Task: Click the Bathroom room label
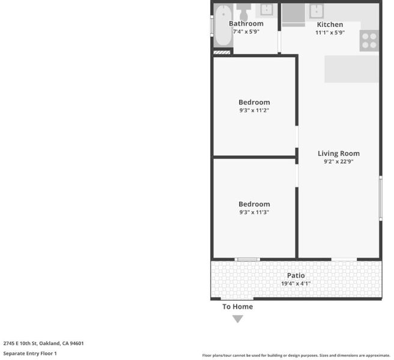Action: [246, 23]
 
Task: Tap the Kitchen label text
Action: [330, 25]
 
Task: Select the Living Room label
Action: [339, 154]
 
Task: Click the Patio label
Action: [295, 275]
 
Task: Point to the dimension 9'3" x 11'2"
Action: [254, 110]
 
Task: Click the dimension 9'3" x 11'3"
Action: [254, 212]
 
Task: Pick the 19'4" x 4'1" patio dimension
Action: [295, 283]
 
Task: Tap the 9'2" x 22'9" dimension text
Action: [339, 161]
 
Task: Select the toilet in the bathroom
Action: [243, 12]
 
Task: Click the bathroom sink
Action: [266, 10]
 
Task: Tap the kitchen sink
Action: [317, 11]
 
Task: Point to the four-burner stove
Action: [369, 41]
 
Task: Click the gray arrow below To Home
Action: [237, 319]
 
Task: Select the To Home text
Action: [237, 307]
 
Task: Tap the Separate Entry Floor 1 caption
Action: [30, 353]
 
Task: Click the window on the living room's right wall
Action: [381, 199]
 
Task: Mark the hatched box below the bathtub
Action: [222, 52]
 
